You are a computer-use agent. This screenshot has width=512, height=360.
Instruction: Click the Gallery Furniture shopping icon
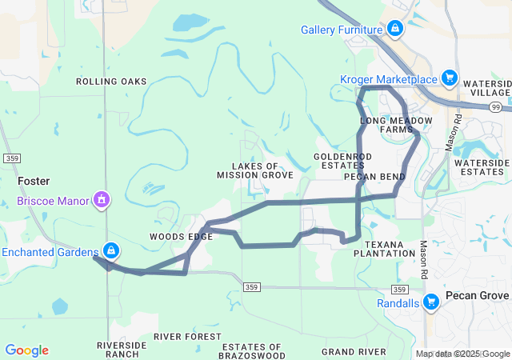pyautogui.click(x=394, y=30)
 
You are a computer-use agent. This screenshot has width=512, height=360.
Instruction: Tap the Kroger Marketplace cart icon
pyautogui.click(x=450, y=78)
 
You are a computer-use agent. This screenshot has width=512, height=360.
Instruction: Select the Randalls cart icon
pyautogui.click(x=431, y=302)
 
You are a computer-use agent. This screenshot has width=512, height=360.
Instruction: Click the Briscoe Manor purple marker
pyautogui.click(x=102, y=198)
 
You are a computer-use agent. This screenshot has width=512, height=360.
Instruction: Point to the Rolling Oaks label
pyautogui.click(x=111, y=82)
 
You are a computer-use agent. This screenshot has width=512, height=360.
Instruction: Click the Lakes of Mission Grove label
pyautogui.click(x=255, y=170)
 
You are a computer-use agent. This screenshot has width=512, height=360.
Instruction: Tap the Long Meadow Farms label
pyautogui.click(x=396, y=125)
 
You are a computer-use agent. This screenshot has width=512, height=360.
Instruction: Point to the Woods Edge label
pyautogui.click(x=181, y=237)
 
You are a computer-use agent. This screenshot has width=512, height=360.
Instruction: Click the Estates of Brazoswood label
pyautogui.click(x=253, y=350)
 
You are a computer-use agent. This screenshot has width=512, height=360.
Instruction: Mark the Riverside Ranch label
pyautogui.click(x=122, y=350)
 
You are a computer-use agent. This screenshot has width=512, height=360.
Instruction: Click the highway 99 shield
pyautogui.click(x=496, y=106)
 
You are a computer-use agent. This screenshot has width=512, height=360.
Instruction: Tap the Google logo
pyautogui.click(x=26, y=350)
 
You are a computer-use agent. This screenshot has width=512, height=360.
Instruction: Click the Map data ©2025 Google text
pyautogui.click(x=462, y=354)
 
